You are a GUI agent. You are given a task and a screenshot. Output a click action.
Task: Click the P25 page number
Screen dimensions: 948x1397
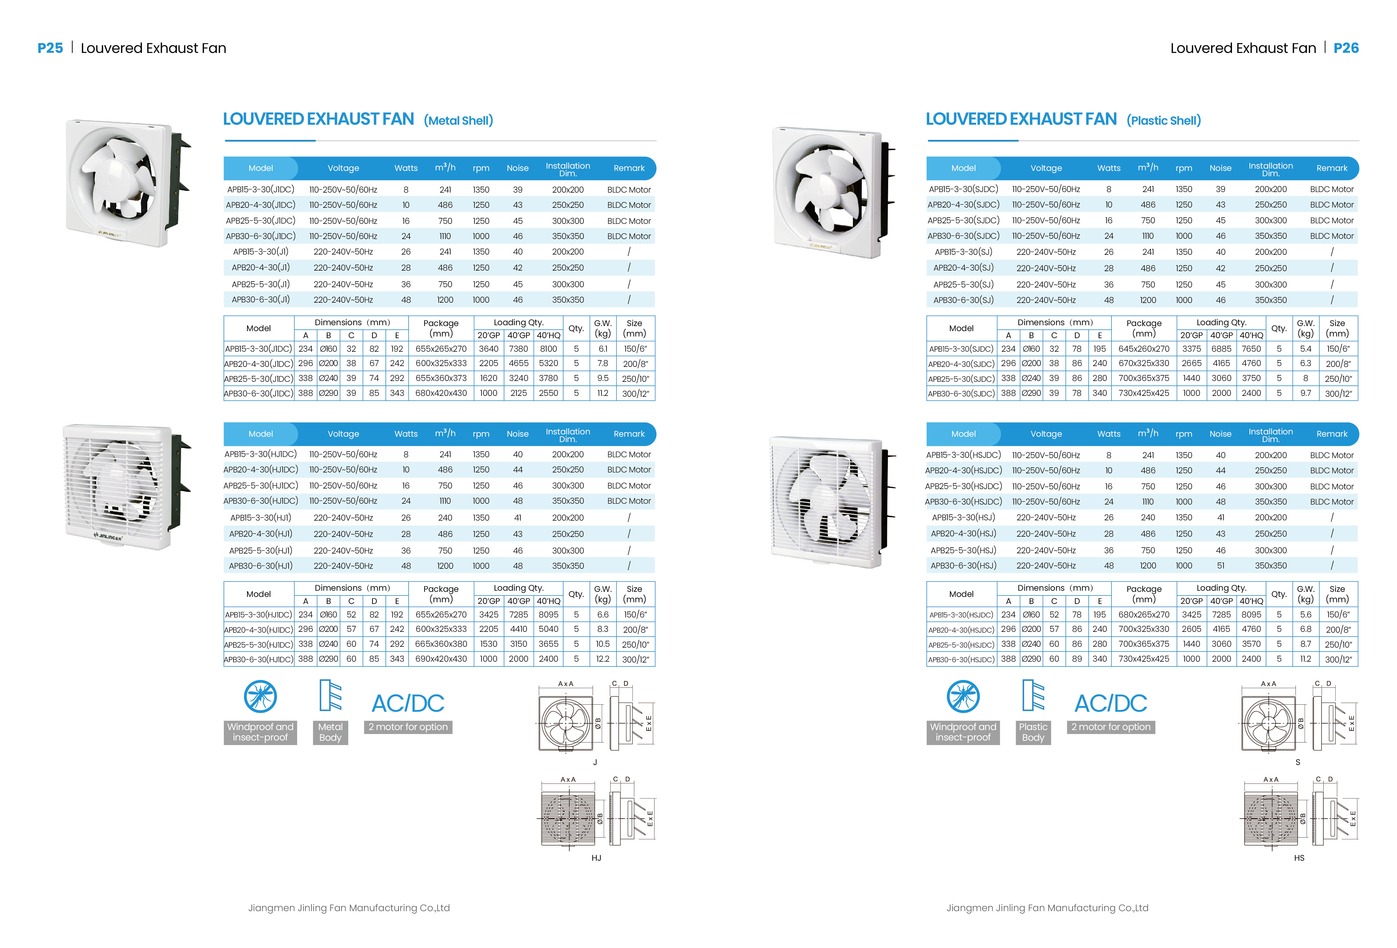(x=50, y=48)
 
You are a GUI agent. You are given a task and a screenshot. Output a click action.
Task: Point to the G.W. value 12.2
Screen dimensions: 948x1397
(x=602, y=659)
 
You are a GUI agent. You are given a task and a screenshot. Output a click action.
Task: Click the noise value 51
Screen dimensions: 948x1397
(x=1220, y=566)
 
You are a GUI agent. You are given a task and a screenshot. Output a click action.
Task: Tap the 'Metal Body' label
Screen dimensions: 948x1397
(x=330, y=732)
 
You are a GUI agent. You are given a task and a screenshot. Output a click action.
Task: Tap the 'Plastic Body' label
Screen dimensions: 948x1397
(x=1033, y=732)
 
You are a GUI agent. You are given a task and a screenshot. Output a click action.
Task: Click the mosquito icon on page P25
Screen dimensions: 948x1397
(x=260, y=697)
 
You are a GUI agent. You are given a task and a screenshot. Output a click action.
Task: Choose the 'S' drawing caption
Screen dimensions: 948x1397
(x=1298, y=762)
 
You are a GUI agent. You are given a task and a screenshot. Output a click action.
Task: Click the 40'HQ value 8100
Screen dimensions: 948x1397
(x=548, y=349)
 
